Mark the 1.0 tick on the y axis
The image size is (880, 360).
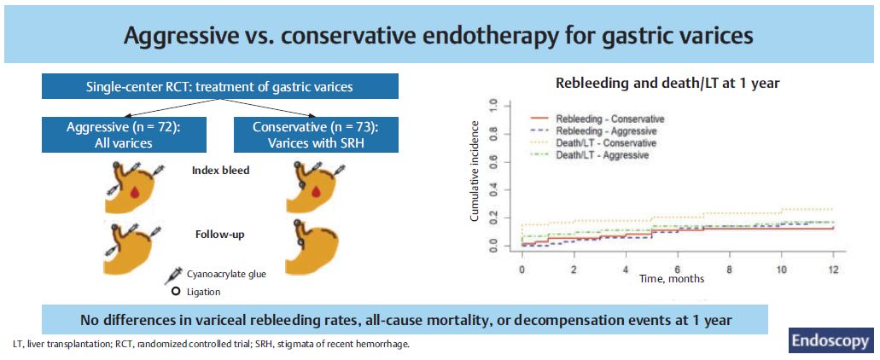[x=492, y=104]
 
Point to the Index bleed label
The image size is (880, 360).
[x=221, y=171]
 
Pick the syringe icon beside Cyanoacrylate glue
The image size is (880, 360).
[x=172, y=276]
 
